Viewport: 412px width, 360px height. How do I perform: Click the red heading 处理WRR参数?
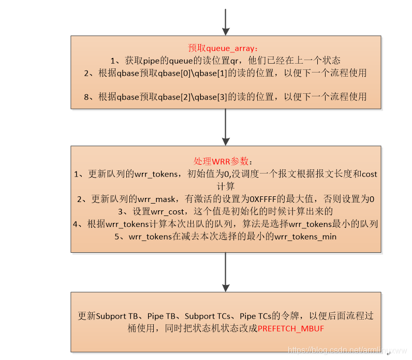226,162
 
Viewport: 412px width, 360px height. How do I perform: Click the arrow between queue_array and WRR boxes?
225,127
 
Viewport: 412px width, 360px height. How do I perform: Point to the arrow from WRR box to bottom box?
225,272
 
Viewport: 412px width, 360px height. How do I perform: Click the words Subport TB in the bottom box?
117,316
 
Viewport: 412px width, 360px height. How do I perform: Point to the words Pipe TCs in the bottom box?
257,316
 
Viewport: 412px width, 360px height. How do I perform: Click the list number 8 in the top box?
87,97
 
